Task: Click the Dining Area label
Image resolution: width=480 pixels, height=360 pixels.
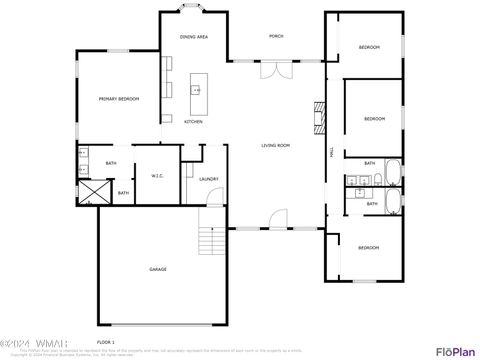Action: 193,36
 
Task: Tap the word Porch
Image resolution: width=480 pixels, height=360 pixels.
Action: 276,36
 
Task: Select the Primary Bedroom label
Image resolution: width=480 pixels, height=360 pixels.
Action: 118,98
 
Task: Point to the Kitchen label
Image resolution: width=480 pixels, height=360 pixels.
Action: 193,122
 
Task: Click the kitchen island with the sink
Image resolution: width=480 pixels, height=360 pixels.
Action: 196,92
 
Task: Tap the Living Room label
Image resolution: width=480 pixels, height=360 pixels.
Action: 276,146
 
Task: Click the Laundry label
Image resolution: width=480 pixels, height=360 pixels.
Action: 209,179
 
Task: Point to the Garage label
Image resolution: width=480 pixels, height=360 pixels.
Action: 158,270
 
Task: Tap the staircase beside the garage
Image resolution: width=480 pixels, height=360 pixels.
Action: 208,241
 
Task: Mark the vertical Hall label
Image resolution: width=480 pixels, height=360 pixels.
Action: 331,151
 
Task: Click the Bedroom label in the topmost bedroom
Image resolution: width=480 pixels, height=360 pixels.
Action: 369,47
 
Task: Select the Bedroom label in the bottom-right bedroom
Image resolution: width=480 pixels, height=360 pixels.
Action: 369,247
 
